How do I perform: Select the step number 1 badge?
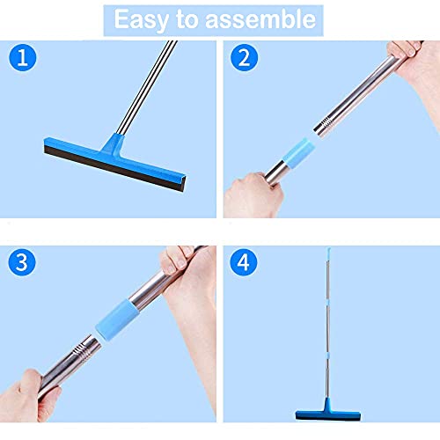[24, 59]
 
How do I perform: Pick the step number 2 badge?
[244, 59]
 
